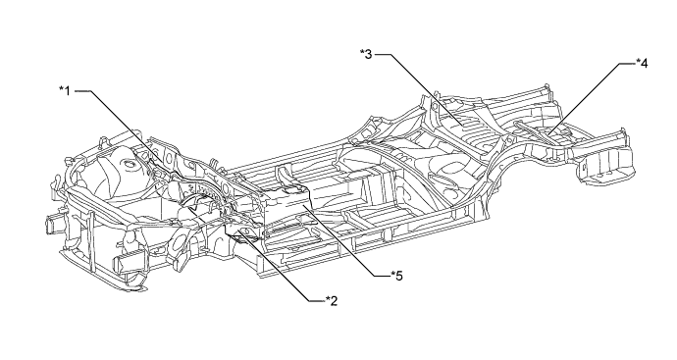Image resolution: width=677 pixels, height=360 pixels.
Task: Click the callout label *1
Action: click(65, 91)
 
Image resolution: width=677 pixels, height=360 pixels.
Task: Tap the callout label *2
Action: click(332, 300)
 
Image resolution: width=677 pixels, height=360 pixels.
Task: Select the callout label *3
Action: click(366, 55)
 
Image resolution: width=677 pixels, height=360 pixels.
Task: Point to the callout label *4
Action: click(642, 64)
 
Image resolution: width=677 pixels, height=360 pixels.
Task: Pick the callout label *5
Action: click(396, 276)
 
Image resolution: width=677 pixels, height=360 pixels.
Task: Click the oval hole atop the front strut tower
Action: click(128, 163)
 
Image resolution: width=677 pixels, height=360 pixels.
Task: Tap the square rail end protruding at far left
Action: click(50, 225)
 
